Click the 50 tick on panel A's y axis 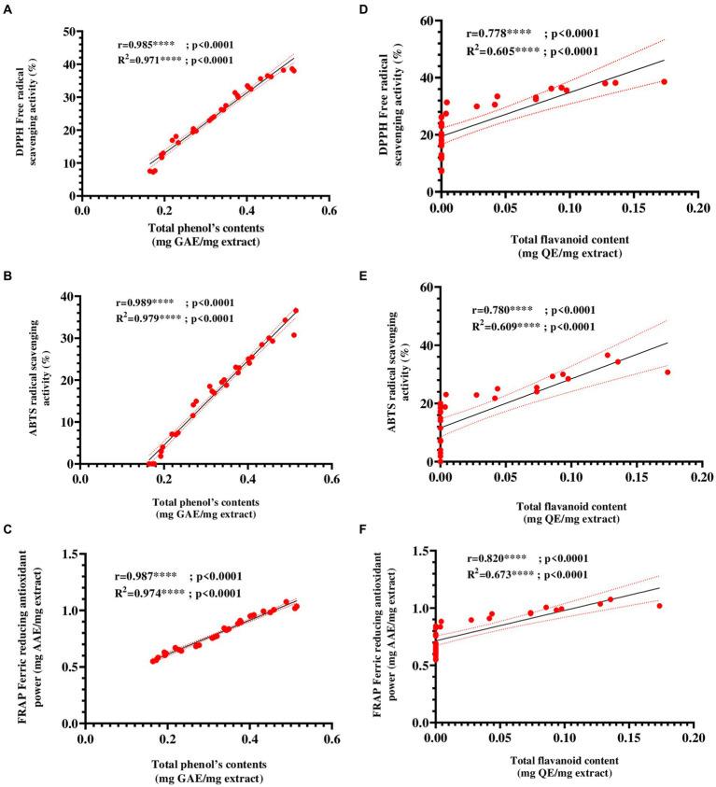tap(68, 32)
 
